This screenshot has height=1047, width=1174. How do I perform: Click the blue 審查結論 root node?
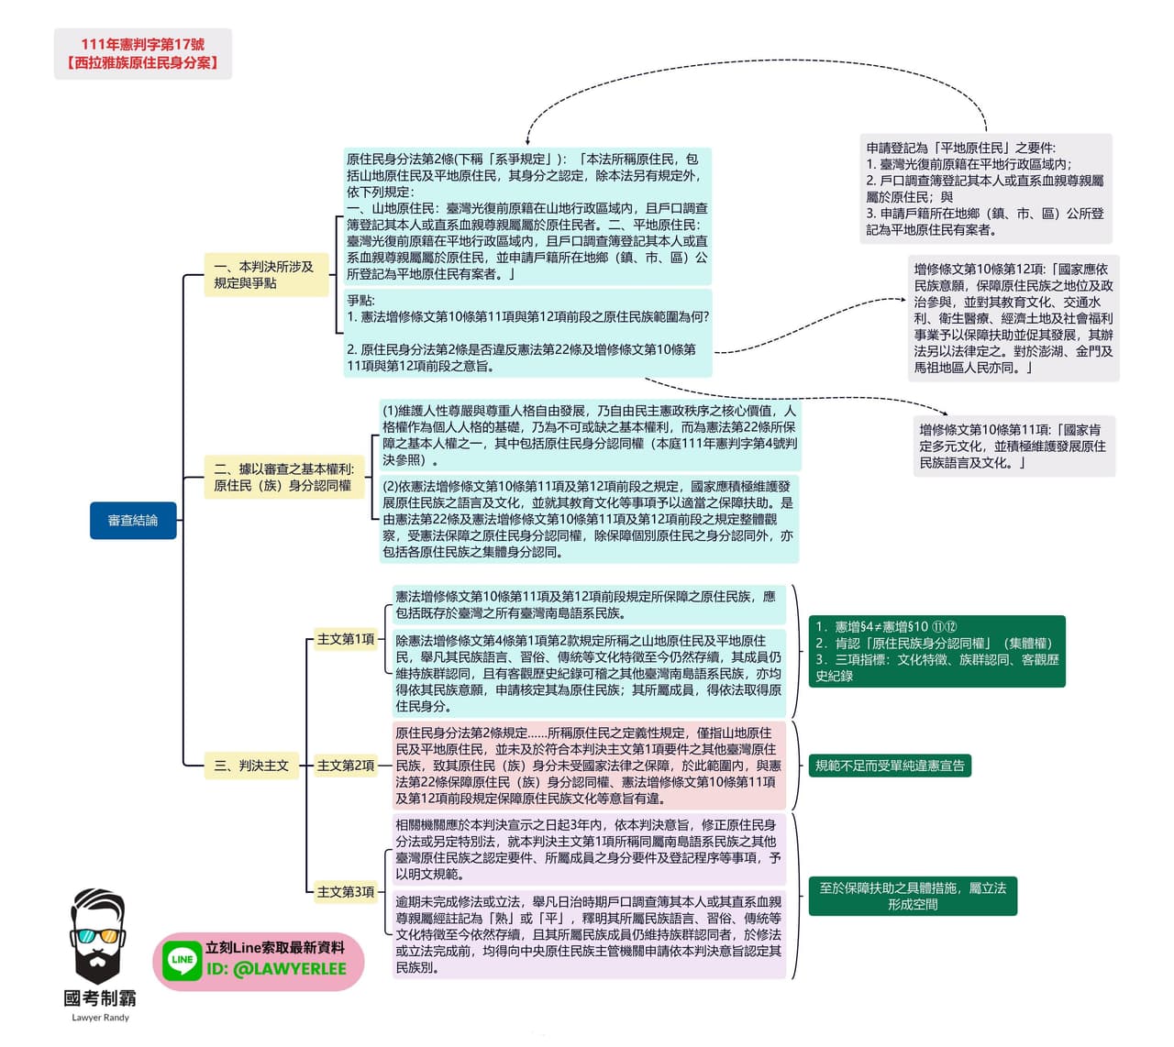pos(133,520)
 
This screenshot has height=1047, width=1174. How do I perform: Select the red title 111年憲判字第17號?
pos(142,44)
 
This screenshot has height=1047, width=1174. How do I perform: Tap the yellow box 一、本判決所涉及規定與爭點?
pos(266,275)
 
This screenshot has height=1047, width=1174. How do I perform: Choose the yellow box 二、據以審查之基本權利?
pos(284,477)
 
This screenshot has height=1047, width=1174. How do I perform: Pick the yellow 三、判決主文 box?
pos(251,766)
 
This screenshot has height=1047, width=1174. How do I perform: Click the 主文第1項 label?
pos(346,639)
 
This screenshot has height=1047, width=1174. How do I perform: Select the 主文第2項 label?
pos(346,766)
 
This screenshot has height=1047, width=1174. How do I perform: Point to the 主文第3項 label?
pos(346,892)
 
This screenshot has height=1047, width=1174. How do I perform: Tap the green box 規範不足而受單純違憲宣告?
pos(890,766)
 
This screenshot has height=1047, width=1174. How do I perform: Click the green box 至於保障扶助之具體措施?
pos(913,896)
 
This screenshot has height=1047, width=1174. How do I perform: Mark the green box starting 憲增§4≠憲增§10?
pos(937,651)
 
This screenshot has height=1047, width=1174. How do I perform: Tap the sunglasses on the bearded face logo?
pos(97,936)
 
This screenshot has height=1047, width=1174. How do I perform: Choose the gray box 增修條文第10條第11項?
pos(1014,446)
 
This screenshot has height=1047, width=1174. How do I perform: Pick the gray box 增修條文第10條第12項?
pos(1013,318)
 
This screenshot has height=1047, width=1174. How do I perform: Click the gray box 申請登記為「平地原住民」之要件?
pos(986,189)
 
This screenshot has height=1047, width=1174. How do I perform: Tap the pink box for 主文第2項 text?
pos(589,766)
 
